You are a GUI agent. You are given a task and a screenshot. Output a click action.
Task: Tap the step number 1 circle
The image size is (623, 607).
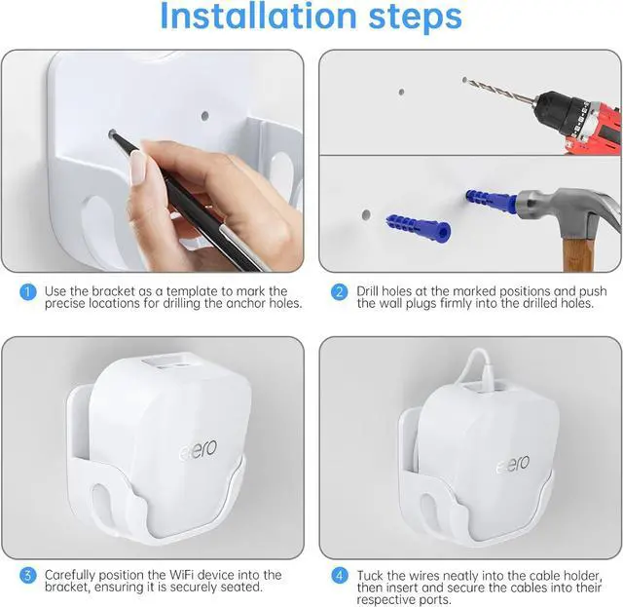(x=29, y=291)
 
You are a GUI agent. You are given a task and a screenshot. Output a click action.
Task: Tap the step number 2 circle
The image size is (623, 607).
(x=340, y=291)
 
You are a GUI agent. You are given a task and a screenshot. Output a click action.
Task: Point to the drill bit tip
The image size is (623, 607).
(x=466, y=80)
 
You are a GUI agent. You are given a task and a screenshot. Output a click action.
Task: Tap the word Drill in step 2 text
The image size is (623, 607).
(x=373, y=291)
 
